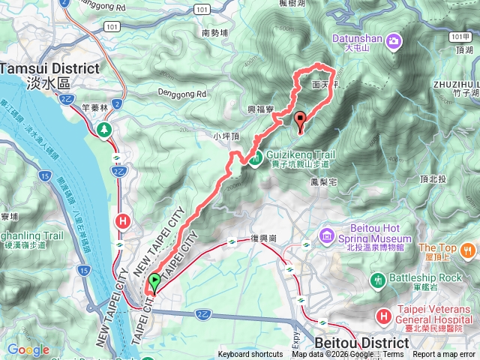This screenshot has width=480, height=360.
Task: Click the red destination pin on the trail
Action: click(301, 120)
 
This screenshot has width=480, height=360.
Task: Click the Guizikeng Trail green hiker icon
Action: click(256, 157)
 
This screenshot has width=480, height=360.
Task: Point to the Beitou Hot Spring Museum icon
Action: click(326, 237)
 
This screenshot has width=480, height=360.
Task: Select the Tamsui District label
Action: click(49, 67)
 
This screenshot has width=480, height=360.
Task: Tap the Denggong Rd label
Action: click(181, 94)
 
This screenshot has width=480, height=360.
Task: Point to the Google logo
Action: click(28, 349)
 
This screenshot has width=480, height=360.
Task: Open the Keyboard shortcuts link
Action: click(250, 355)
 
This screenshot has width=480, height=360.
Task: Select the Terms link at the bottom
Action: click(393, 355)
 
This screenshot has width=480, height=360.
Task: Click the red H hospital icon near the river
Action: click(122, 221)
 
